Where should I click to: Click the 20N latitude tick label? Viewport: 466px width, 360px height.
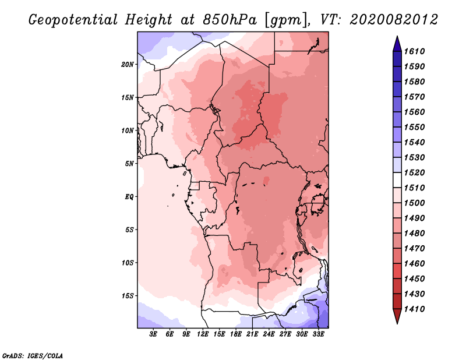(128, 65)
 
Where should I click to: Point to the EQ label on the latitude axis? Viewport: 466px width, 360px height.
(129, 197)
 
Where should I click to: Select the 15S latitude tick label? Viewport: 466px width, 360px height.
(128, 296)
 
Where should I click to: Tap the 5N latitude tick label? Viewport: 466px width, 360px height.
(129, 164)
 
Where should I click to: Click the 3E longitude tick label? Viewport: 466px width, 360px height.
(153, 334)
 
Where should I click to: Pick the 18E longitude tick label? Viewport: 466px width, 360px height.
(236, 334)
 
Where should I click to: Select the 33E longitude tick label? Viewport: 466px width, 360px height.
(318, 334)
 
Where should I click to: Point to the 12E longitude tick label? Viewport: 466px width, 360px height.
(203, 334)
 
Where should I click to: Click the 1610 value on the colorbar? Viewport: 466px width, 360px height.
(414, 51)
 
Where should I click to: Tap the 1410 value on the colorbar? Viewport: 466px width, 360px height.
(414, 309)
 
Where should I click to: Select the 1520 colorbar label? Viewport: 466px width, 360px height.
(414, 172)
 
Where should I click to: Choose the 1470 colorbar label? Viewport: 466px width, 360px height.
(414, 249)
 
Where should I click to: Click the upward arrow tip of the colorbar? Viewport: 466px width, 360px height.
(397, 36)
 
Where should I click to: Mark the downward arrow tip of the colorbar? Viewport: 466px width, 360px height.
(397, 323)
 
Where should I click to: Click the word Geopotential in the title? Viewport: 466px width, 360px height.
(73, 20)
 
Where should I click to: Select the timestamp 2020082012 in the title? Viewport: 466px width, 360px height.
(394, 20)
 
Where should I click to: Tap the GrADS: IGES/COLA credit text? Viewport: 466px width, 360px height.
(33, 356)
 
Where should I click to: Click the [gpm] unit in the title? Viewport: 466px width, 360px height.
(287, 20)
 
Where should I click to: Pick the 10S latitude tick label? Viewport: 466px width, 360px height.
(128, 263)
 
